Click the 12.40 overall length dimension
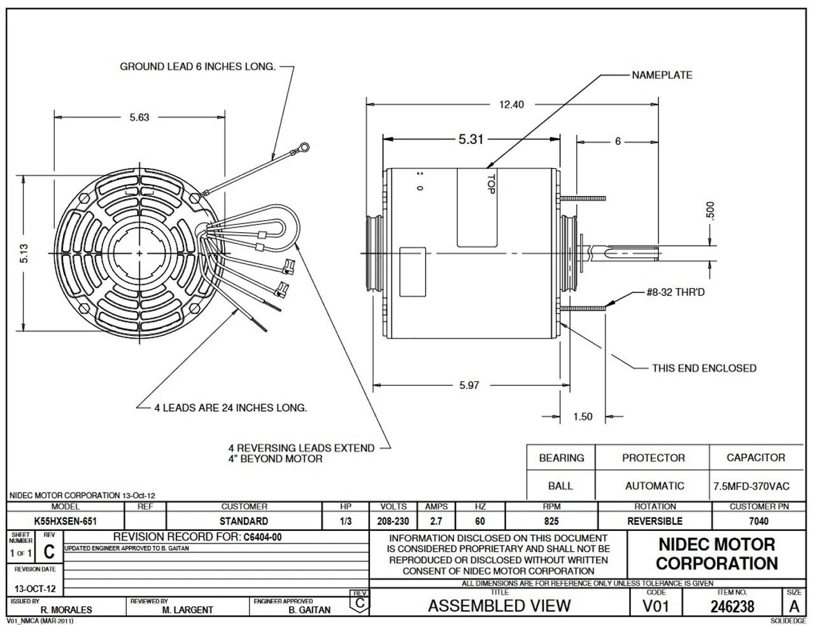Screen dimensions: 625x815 (x=511, y=104)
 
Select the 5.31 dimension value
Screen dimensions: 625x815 (x=471, y=139)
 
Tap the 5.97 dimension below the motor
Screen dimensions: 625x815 (x=469, y=385)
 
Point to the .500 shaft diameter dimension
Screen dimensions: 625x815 (x=711, y=211)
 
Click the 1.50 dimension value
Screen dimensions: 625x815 (x=583, y=416)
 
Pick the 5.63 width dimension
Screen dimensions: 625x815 (x=139, y=117)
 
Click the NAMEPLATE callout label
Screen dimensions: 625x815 (x=662, y=75)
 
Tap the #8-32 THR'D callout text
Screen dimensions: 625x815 (x=676, y=292)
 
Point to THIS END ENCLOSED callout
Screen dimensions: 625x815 (x=704, y=368)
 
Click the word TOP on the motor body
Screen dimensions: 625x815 (x=491, y=185)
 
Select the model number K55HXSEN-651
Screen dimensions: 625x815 (x=66, y=521)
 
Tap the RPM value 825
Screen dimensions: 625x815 (x=551, y=521)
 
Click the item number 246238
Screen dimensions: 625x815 (x=732, y=607)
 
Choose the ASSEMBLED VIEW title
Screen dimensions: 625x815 (x=499, y=606)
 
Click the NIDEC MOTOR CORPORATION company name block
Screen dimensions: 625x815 (x=716, y=554)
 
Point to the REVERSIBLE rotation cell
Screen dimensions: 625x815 (x=655, y=521)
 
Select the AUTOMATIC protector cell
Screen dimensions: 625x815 (x=655, y=486)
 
